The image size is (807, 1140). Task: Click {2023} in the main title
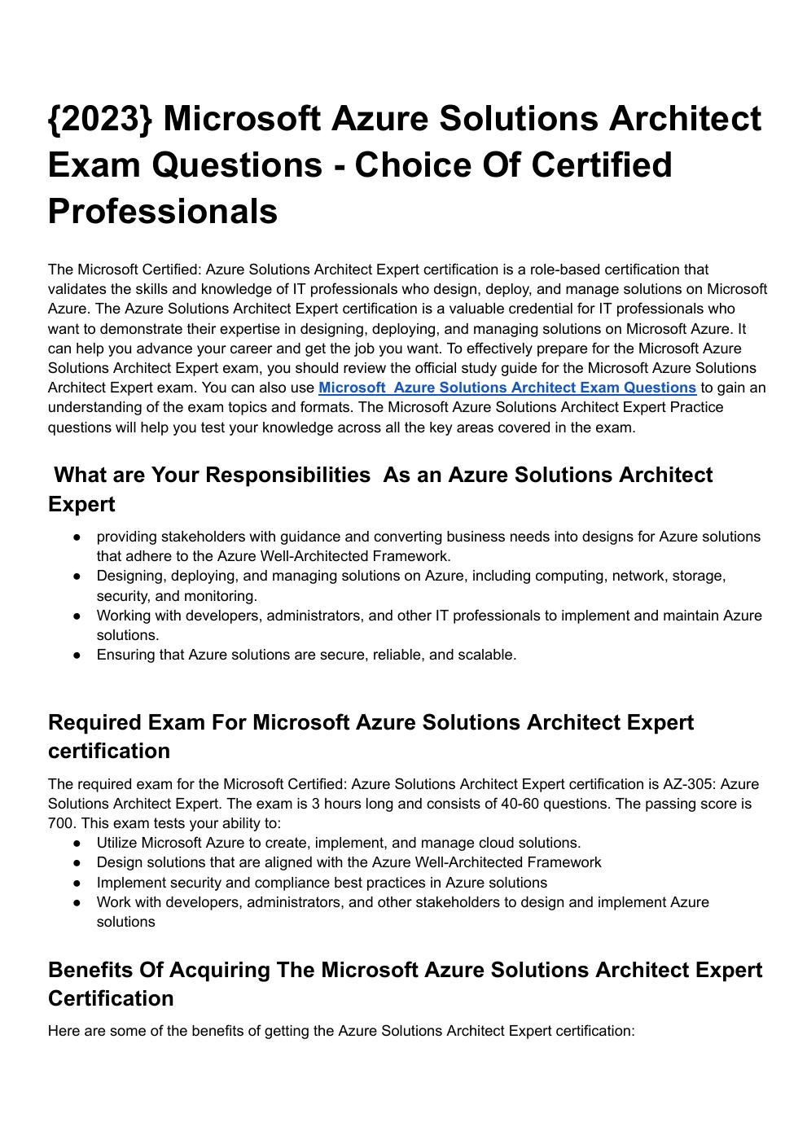click(100, 119)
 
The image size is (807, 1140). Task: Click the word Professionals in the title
click(163, 212)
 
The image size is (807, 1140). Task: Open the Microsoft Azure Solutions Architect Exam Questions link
click(507, 388)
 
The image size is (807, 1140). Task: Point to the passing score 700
click(60, 823)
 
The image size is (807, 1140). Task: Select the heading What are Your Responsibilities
click(212, 476)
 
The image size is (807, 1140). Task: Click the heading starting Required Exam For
click(371, 723)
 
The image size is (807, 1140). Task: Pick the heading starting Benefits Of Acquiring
click(405, 971)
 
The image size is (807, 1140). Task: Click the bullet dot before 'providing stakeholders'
click(77, 537)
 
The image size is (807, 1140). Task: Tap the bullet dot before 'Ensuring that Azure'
click(77, 655)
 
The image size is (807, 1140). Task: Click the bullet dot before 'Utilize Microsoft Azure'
click(77, 843)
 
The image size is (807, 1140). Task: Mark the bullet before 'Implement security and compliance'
click(77, 883)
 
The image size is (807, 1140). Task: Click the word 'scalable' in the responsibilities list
click(486, 655)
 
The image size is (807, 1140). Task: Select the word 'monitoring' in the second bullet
click(221, 596)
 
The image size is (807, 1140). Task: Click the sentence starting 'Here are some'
click(340, 1031)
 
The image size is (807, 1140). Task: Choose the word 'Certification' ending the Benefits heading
click(111, 998)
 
